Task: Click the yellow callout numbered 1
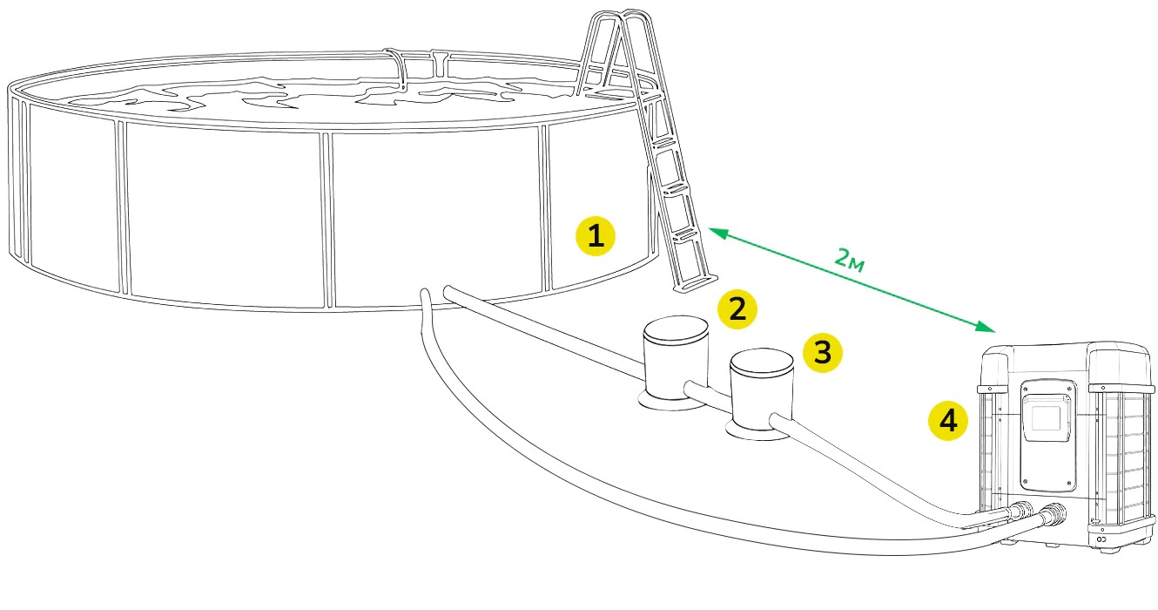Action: tap(596, 236)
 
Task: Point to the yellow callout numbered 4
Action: tap(948, 421)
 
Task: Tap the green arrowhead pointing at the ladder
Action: tap(717, 233)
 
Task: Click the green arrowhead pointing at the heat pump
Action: tap(986, 326)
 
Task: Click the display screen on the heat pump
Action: tap(1047, 419)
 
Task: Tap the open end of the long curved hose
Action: tap(425, 294)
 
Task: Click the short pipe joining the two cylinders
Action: tap(708, 393)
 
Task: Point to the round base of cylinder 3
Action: tap(757, 431)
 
